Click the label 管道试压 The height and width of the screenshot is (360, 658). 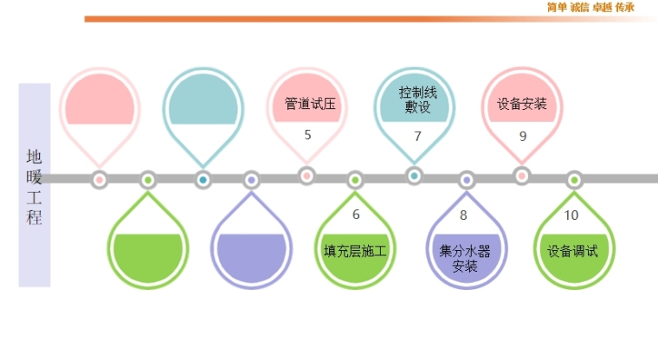tap(309, 104)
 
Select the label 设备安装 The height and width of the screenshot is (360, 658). tap(522, 104)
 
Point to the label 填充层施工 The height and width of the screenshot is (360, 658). tap(355, 252)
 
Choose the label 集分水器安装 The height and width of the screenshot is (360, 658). tap(465, 258)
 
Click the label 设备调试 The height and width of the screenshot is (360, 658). tap(572, 252)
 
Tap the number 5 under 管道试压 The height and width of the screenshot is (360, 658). tap(307, 135)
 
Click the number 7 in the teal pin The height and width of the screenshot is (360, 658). tap(417, 136)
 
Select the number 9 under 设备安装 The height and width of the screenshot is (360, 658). tap(522, 136)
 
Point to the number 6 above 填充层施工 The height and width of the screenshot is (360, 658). tap(356, 215)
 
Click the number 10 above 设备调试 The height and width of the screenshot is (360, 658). tap(571, 215)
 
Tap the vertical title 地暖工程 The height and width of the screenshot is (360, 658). tap(35, 186)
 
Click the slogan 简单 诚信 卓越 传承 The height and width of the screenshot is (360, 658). tap(590, 7)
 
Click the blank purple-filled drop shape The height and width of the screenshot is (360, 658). tap(251, 253)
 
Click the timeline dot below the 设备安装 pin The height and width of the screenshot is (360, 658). tap(522, 176)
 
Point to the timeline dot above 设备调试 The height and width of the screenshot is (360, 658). tap(573, 180)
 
